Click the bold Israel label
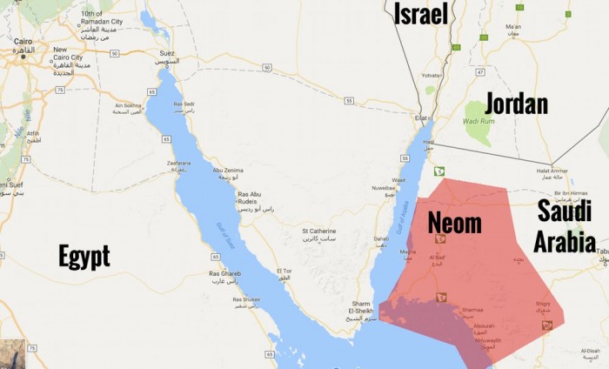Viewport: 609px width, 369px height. click(421, 13)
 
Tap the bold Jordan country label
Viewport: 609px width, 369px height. click(516, 104)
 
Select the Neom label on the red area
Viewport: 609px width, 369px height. click(454, 223)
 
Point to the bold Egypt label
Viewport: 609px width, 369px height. click(84, 256)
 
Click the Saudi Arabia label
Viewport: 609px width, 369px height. click(565, 225)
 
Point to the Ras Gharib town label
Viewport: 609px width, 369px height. click(224, 274)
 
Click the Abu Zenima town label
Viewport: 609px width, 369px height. click(229, 171)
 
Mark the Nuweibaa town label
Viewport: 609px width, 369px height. click(384, 187)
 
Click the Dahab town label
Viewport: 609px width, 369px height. click(381, 238)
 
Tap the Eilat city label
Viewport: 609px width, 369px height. click(421, 117)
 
